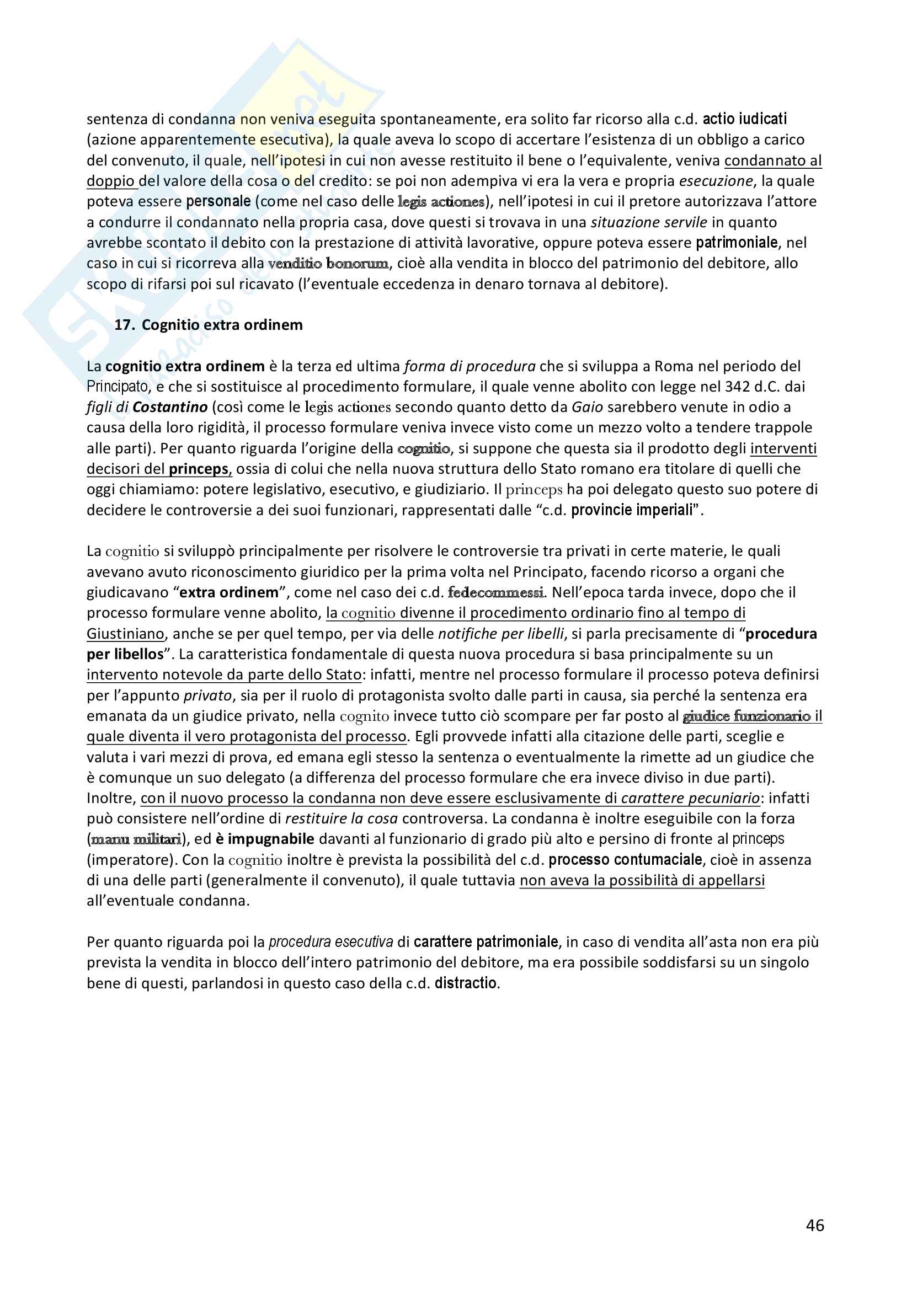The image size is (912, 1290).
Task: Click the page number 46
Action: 814,1225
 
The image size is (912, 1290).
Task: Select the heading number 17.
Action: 124,325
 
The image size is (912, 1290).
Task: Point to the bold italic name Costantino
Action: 170,407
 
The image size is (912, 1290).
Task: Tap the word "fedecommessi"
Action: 495,592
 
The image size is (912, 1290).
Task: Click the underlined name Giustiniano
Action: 125,634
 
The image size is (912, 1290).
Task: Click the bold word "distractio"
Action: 466,983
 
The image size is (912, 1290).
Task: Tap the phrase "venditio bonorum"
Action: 328,263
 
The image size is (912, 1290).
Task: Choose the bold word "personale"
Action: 218,201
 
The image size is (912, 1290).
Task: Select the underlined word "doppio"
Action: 111,181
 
